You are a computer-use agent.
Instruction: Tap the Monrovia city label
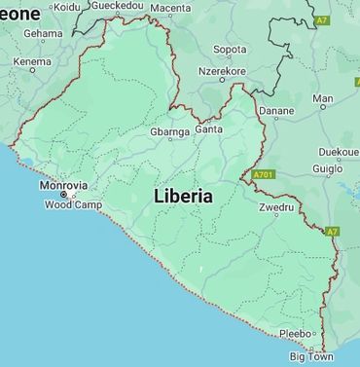click(x=63, y=185)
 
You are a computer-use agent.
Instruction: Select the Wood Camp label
click(x=73, y=205)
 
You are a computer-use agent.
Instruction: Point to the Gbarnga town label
click(x=169, y=131)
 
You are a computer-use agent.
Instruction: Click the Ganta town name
click(x=208, y=128)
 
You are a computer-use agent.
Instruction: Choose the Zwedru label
click(x=276, y=208)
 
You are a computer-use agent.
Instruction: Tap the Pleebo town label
click(x=296, y=334)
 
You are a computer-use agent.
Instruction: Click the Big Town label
click(x=311, y=357)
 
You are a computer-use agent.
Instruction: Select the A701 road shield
click(x=262, y=175)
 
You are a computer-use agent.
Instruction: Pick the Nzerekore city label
click(x=222, y=71)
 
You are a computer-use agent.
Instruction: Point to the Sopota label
click(x=230, y=49)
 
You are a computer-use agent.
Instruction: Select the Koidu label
click(x=67, y=7)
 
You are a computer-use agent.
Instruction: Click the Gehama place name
click(x=43, y=33)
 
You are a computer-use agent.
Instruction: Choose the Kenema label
click(x=32, y=62)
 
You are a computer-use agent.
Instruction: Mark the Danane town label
click(x=275, y=111)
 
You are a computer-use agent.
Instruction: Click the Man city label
click(x=322, y=98)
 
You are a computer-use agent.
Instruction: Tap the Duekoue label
click(x=338, y=152)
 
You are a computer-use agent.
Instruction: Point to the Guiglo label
click(x=327, y=168)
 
